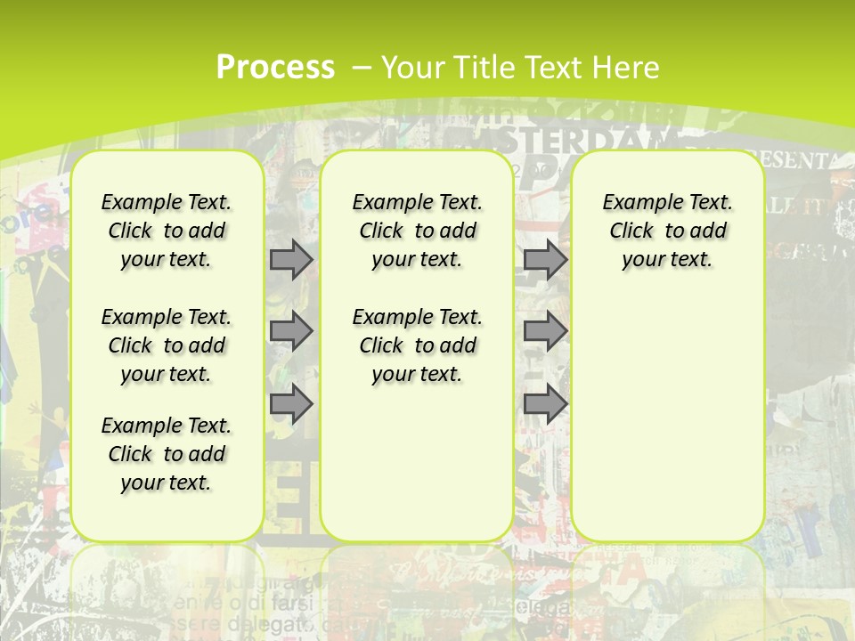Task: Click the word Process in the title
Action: [x=275, y=67]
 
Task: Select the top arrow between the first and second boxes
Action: [x=291, y=259]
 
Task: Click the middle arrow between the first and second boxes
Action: [x=291, y=331]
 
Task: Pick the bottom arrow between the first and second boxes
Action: [x=291, y=405]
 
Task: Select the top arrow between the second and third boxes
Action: [x=545, y=259]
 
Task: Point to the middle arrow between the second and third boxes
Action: [x=545, y=331]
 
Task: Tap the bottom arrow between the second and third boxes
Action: [x=545, y=405]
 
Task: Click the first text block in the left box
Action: [x=167, y=231]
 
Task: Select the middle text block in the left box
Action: [x=167, y=345]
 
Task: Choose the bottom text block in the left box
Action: [x=167, y=454]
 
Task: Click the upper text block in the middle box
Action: [x=417, y=231]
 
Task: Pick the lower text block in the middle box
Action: [x=417, y=345]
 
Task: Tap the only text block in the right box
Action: [x=667, y=231]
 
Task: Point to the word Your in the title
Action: [x=413, y=67]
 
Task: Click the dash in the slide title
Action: [x=362, y=67]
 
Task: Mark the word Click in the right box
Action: [x=631, y=231]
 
